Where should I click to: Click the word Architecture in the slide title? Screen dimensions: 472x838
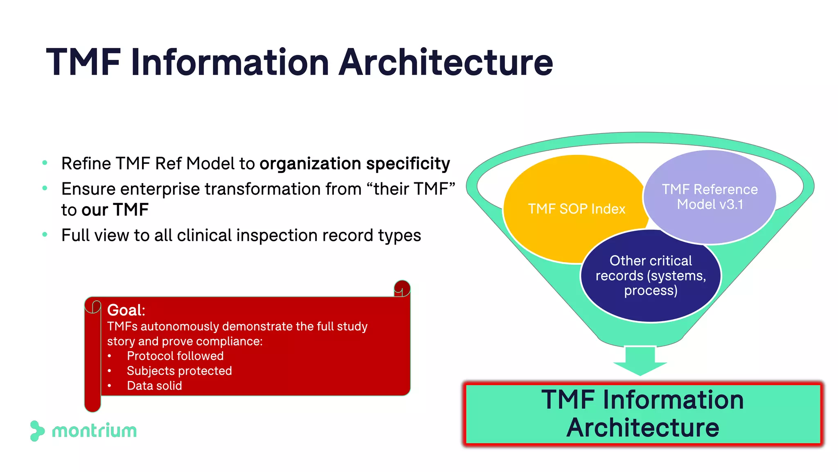coord(446,62)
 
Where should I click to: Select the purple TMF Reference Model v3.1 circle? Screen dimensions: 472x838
coord(710,197)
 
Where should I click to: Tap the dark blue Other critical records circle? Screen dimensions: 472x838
coord(651,275)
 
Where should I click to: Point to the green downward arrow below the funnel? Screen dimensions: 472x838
coord(640,361)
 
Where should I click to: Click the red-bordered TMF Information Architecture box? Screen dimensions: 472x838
coord(643,413)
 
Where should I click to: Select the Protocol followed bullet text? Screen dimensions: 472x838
coord(175,356)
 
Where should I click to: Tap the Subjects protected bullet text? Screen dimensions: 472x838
coord(179,371)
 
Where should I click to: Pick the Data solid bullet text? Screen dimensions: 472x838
coord(154,386)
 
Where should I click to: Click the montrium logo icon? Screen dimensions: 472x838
coord(37,431)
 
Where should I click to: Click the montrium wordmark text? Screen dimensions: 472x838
coord(95,431)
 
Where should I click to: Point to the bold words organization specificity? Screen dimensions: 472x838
coord(355,163)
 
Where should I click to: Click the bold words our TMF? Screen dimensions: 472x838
coord(115,210)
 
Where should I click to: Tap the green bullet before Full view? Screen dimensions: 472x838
coord(45,235)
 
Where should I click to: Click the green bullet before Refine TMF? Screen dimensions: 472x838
coord(45,163)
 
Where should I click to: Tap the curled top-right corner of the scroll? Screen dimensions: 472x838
coord(402,288)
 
